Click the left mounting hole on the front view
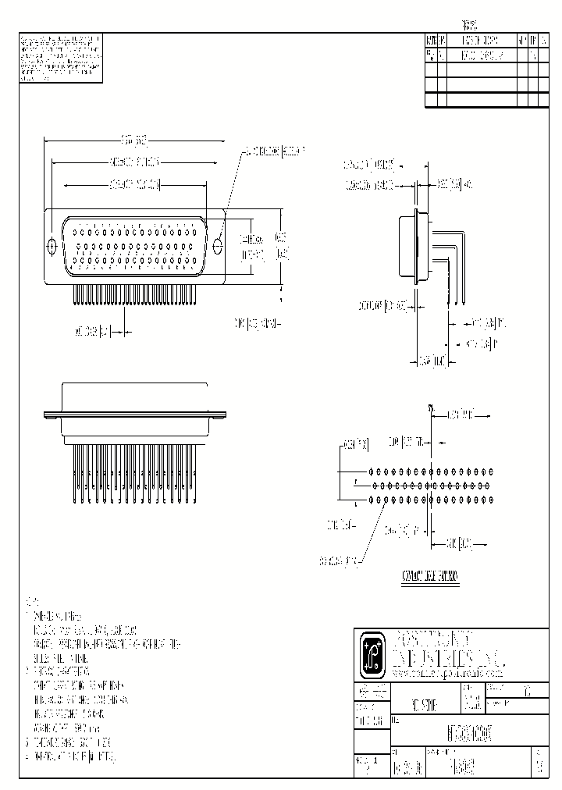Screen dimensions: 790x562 coord(52,246)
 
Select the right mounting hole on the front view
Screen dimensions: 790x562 coord(218,246)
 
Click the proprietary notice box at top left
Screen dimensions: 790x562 coord(59,58)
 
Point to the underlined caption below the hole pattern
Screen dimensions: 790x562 coord(430,578)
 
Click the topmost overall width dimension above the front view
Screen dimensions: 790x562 coord(134,141)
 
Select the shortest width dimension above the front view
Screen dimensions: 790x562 coord(135,185)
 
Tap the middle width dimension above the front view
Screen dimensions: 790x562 coord(133,163)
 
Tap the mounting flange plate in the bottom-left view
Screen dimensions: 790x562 coord(134,418)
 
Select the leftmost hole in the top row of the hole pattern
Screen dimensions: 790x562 coord(371,472)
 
